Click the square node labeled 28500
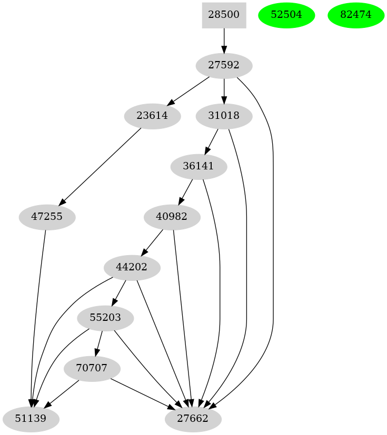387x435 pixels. pyautogui.click(x=224, y=15)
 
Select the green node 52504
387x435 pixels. pyautogui.click(x=286, y=15)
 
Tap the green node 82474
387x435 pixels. pyautogui.click(x=356, y=15)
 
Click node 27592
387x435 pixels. pyautogui.click(x=224, y=66)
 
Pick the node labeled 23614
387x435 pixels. pyautogui.click(x=153, y=116)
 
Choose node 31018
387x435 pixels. pyautogui.click(x=224, y=116)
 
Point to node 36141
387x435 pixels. pyautogui.click(x=199, y=166)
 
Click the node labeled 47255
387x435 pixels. pyautogui.click(x=47, y=217)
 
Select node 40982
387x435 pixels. pyautogui.click(x=172, y=217)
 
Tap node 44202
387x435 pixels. pyautogui.click(x=132, y=267)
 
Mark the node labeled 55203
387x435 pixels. pyautogui.click(x=106, y=318)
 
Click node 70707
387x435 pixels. pyautogui.click(x=92, y=368)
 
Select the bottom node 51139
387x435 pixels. pyautogui.click(x=31, y=419)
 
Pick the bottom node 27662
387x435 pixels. pyautogui.click(x=193, y=419)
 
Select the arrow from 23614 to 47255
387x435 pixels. pyautogui.click(x=101, y=166)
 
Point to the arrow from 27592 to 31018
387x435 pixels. pyautogui.click(x=224, y=90)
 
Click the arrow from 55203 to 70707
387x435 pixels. pyautogui.click(x=99, y=343)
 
